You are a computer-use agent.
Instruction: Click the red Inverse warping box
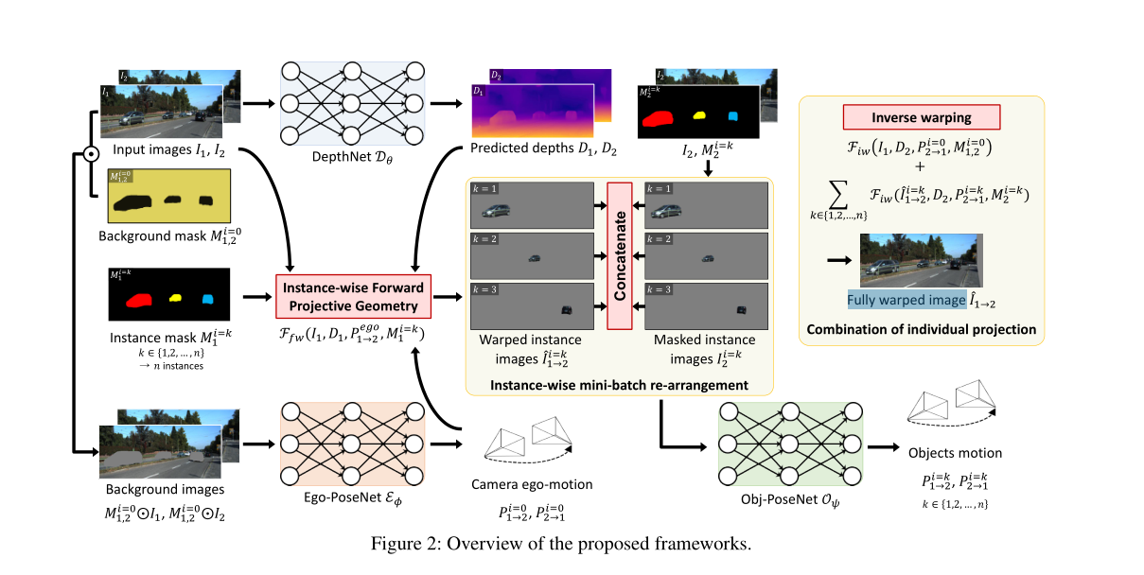[921, 117]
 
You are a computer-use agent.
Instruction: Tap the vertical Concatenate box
[619, 255]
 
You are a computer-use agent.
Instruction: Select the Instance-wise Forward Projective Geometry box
[353, 296]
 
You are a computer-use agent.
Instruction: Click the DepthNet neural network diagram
[352, 105]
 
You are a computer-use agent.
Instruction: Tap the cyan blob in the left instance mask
[208, 300]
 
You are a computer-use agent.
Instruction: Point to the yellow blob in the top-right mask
[700, 115]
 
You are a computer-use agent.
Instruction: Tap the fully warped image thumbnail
[921, 259]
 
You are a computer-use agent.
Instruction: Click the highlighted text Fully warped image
[904, 301]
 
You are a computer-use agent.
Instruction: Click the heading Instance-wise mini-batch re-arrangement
[621, 384]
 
